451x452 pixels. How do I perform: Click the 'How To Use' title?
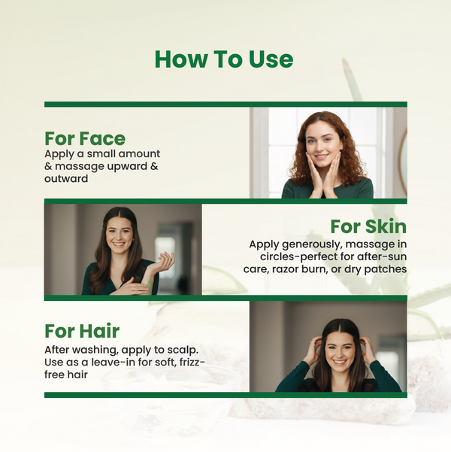coord(224,59)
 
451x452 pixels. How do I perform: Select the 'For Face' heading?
coord(85,138)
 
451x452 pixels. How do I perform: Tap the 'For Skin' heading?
coord(368,226)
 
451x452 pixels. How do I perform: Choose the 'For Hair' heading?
coord(82,331)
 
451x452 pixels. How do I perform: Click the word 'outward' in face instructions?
coord(66,178)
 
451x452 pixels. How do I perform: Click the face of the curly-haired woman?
coord(323,140)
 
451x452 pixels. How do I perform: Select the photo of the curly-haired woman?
coord(328,153)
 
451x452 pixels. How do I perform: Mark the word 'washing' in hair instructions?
coord(94,350)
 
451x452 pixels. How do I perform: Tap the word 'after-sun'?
coord(383,256)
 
